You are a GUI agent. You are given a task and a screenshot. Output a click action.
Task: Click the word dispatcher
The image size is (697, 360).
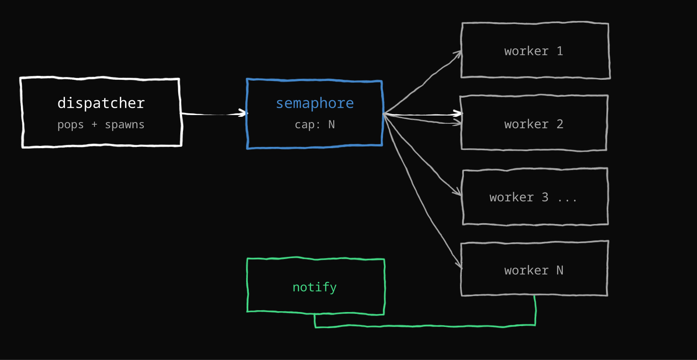(101, 103)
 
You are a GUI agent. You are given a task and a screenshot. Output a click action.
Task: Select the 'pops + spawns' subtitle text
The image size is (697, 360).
(101, 125)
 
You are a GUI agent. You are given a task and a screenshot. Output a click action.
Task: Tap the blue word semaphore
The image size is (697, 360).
(315, 103)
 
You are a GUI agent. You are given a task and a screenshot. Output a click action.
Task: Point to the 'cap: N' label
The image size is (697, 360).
(315, 125)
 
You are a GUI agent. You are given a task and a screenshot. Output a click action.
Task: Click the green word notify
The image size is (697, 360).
(315, 287)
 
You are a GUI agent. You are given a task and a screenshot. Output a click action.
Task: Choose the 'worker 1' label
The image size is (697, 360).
(534, 51)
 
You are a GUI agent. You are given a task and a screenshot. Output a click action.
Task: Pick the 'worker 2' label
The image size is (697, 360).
(534, 124)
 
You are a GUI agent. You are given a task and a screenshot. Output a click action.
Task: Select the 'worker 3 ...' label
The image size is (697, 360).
(533, 197)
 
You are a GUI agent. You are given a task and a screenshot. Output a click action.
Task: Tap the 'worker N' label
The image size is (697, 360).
(534, 270)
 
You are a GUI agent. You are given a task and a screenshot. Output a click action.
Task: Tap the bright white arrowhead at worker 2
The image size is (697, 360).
(458, 113)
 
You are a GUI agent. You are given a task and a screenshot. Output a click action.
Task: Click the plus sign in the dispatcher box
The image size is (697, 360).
(94, 125)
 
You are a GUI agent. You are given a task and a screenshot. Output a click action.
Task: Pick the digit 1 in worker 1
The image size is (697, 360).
(560, 51)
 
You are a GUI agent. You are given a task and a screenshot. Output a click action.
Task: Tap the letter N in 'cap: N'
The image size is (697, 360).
(332, 125)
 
